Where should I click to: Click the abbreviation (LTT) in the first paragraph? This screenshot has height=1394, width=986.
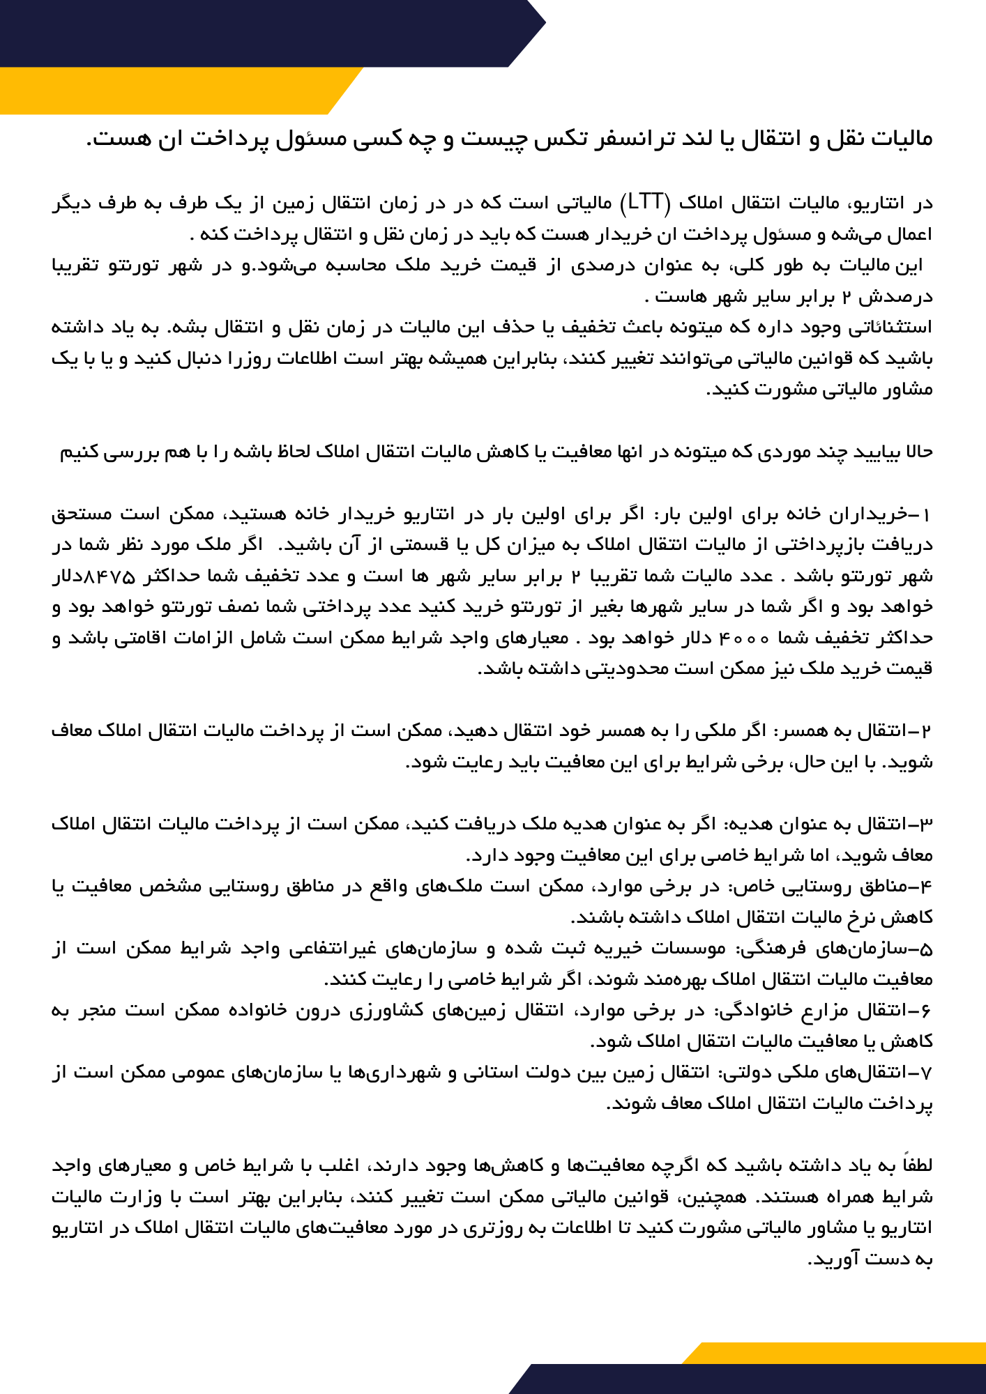click(x=646, y=203)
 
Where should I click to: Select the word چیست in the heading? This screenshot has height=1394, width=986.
click(x=487, y=138)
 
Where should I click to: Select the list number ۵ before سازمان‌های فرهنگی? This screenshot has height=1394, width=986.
click(x=926, y=949)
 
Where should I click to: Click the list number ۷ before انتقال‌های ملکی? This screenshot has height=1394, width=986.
click(x=926, y=1073)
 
